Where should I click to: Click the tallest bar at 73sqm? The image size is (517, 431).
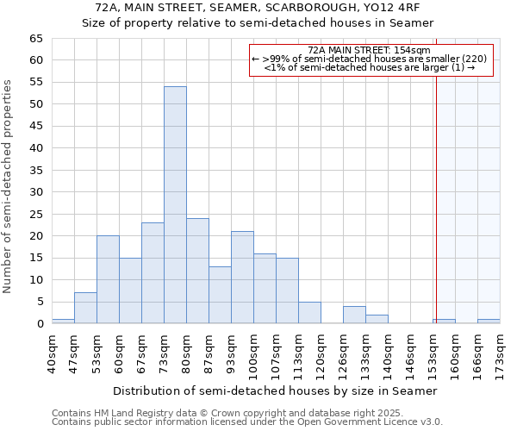pyautogui.click(x=175, y=205)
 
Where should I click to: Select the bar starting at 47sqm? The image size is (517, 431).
pyautogui.click(x=85, y=308)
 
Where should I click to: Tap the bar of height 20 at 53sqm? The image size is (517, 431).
pyautogui.click(x=108, y=279)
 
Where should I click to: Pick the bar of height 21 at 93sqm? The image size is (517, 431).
pyautogui.click(x=242, y=278)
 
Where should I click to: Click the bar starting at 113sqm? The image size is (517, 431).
pyautogui.click(x=309, y=313)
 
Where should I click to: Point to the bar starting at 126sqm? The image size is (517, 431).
pyautogui.click(x=354, y=315)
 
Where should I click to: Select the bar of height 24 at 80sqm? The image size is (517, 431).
pyautogui.click(x=197, y=271)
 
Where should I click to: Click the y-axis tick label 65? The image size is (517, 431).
pyautogui.click(x=35, y=39)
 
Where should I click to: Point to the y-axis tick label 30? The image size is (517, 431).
pyautogui.click(x=35, y=192)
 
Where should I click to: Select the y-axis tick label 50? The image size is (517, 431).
pyautogui.click(x=35, y=104)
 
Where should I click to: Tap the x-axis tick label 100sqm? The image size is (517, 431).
pyautogui.click(x=253, y=352)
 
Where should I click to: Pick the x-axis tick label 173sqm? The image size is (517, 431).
pyautogui.click(x=500, y=352)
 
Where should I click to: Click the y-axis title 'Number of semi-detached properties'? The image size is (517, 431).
pyautogui.click(x=8, y=185)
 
